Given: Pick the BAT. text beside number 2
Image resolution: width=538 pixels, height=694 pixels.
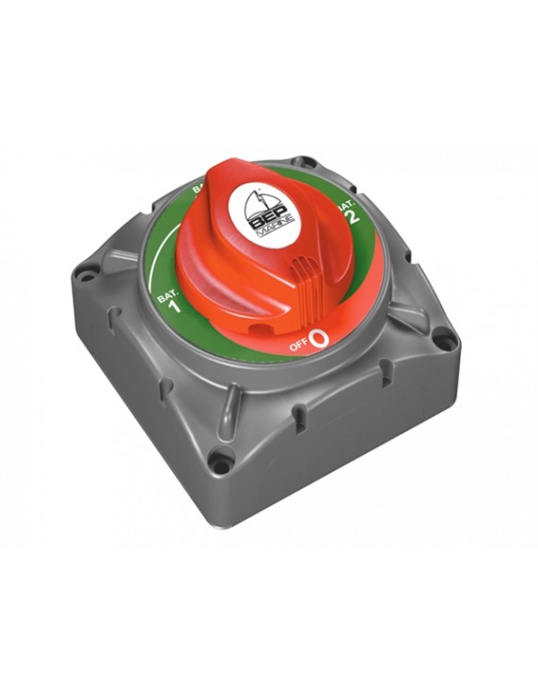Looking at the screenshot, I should (346, 202).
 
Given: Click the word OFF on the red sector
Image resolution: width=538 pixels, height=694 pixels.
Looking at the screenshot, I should (299, 346).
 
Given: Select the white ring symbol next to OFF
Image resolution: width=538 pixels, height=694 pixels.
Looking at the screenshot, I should (320, 339).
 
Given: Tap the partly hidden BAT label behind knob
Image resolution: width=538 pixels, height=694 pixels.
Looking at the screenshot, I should (200, 190).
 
